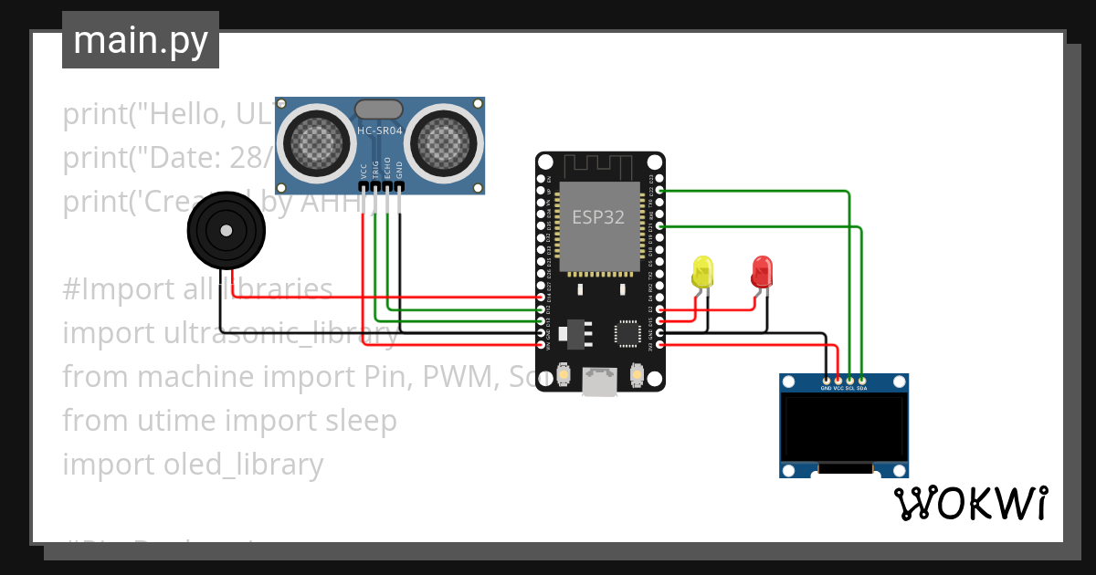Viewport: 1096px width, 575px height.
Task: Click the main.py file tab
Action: click(140, 40)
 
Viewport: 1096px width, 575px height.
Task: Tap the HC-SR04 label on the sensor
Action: click(379, 131)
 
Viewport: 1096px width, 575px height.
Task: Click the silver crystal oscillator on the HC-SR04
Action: click(378, 109)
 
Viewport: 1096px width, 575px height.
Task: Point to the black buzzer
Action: click(223, 230)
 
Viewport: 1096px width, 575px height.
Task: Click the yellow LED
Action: click(702, 272)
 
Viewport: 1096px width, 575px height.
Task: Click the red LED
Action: click(761, 271)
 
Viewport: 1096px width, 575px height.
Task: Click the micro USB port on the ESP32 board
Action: click(599, 381)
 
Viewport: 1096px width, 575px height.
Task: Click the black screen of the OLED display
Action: click(844, 429)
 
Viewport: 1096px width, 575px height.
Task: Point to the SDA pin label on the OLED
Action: click(862, 388)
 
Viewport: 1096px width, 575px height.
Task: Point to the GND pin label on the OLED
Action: click(826, 388)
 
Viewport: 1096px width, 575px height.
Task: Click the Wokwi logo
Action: click(970, 503)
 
